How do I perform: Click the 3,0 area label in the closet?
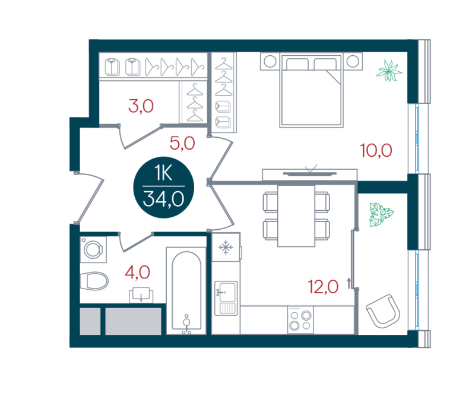point(141,106)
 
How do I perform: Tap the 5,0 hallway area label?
point(182,143)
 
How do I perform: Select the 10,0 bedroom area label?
point(376,151)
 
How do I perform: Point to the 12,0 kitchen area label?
point(323,287)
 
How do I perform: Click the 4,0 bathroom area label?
point(138,272)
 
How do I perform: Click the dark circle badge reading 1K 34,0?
point(164,187)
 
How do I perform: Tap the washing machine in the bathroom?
point(93,249)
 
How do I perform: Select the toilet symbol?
point(94,281)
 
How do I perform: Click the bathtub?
point(186,291)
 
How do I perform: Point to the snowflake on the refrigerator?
point(226,248)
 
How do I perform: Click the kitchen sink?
point(226,298)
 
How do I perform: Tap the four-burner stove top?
point(300,320)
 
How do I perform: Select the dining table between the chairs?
point(296,216)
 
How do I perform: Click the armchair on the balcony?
point(383,311)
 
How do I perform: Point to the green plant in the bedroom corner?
point(389,71)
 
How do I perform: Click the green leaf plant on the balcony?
point(381,214)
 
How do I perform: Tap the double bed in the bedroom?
point(311,90)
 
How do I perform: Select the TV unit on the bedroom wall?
point(309,175)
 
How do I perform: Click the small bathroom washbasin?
point(141,295)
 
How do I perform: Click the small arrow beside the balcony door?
point(349,283)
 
